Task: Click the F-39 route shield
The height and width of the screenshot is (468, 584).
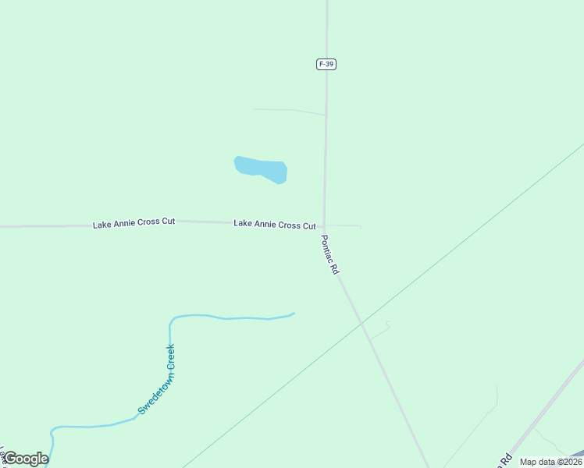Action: pos(326,64)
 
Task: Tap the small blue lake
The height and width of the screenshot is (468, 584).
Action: pos(262,168)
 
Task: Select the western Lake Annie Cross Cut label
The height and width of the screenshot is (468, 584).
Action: pos(134,223)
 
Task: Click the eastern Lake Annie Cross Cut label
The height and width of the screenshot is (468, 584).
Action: pos(274,225)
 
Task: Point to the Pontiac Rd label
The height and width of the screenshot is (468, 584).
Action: pos(330,255)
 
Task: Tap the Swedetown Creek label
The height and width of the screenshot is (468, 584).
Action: pos(157,379)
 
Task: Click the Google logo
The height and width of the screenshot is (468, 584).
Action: pos(26,459)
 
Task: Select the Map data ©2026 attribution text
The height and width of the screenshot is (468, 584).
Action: pos(550,462)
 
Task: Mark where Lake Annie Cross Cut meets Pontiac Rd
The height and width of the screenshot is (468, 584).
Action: pos(324,227)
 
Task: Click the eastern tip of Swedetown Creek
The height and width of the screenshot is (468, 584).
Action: pos(294,314)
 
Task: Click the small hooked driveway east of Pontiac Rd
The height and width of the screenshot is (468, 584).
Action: pos(381,330)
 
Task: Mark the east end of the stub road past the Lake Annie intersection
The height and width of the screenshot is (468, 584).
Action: pos(361,227)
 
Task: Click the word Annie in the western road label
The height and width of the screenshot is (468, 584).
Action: pos(134,223)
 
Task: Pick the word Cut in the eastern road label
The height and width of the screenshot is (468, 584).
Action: pos(308,225)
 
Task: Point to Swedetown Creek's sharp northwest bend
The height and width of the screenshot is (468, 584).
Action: pos(172,320)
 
